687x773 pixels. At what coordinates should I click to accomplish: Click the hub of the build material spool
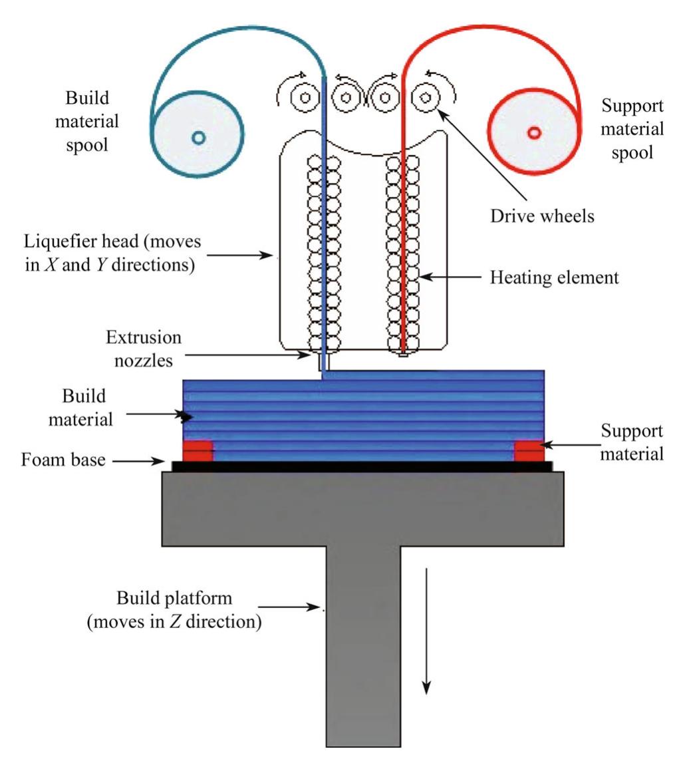click(x=198, y=137)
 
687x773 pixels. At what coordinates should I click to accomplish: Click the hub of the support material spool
click(x=533, y=132)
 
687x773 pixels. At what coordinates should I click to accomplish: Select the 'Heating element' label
click(x=554, y=277)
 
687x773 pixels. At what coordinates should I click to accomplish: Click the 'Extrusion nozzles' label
click(x=143, y=347)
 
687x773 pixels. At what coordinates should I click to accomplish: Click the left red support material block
click(x=198, y=450)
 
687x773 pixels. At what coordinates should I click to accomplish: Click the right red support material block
click(x=529, y=450)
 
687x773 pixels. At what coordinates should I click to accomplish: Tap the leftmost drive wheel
click(x=305, y=98)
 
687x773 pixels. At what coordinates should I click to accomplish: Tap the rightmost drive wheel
click(x=424, y=98)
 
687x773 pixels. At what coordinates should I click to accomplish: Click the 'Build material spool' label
click(x=92, y=122)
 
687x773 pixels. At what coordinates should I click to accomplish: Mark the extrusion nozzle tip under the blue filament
click(x=324, y=364)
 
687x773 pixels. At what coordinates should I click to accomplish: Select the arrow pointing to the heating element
click(x=449, y=277)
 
